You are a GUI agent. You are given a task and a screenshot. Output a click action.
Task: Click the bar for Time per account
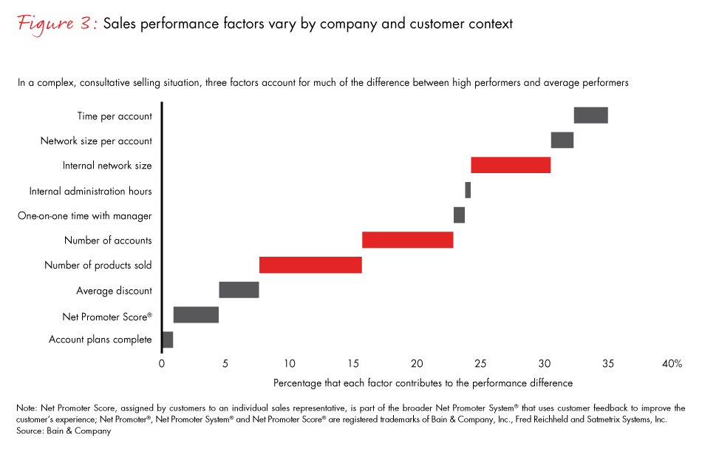pos(590,115)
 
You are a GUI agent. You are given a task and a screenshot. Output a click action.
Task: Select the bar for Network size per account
pos(562,141)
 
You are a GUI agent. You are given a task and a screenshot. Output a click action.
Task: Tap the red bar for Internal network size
pos(511,166)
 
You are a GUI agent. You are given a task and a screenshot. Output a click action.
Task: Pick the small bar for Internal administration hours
pos(468,191)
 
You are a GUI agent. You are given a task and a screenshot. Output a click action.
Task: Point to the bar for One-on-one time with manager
pos(459,215)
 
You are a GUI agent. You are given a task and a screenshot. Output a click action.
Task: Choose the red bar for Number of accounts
pos(407,240)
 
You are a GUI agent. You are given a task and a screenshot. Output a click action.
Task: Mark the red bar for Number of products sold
pos(310,265)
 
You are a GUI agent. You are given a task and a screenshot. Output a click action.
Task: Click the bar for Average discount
pos(239,290)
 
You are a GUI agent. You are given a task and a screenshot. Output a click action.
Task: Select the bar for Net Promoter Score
pos(196,314)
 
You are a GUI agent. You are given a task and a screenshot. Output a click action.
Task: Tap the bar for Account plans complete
pos(168,340)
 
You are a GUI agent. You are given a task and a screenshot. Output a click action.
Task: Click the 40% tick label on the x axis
pos(671,364)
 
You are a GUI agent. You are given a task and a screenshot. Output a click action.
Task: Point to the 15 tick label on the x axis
pos(353,364)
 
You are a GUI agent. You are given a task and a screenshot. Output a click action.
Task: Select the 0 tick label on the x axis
pos(162,364)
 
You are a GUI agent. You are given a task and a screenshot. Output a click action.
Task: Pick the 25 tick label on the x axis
pos(480,364)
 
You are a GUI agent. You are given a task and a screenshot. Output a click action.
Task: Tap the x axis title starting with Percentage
pos(423,383)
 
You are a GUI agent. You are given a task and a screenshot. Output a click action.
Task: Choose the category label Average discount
pos(114,291)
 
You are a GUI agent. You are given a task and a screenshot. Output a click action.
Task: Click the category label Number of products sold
pos(98,266)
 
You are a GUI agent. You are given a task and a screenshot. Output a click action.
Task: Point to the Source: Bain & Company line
pos(64,431)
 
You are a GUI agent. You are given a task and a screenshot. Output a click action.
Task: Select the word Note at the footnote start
pos(28,408)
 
